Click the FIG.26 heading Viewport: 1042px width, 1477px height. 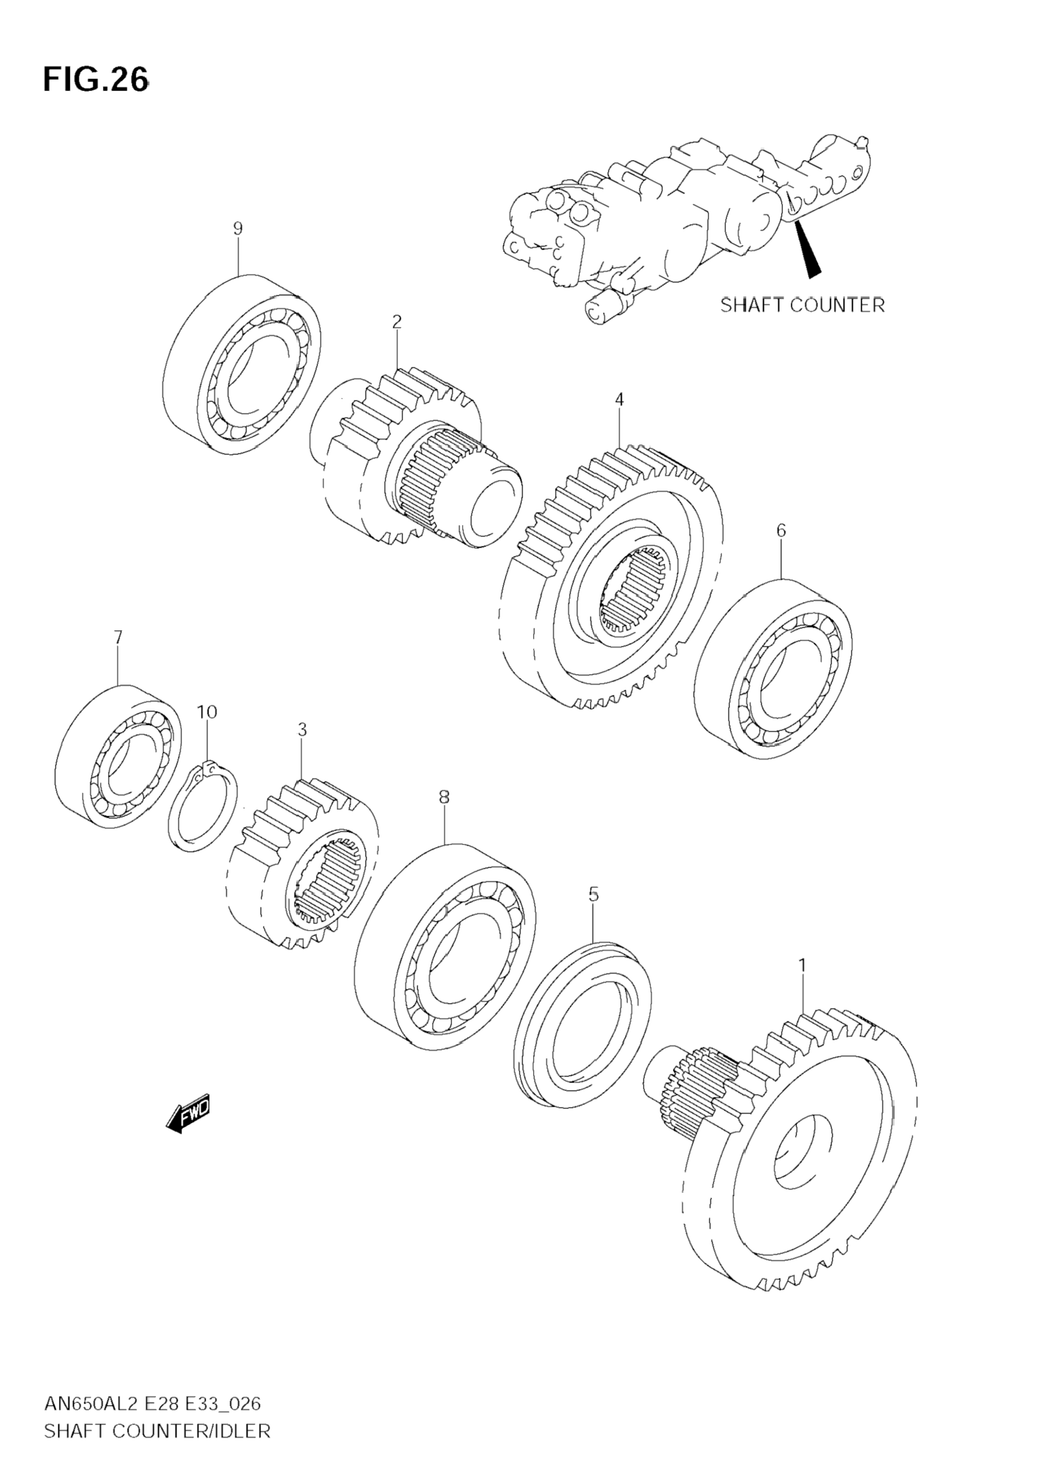(96, 80)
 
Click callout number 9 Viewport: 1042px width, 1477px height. (238, 228)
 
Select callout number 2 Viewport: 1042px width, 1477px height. (397, 322)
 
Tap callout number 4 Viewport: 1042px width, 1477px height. (619, 400)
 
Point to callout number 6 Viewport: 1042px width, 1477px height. (781, 530)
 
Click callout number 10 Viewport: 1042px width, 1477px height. (207, 712)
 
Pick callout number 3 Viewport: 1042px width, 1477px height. (302, 730)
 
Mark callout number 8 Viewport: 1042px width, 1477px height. (444, 797)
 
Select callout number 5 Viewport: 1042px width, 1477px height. (594, 894)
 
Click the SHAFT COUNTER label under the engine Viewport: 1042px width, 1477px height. (802, 304)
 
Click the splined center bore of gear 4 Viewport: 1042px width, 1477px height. (634, 589)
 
